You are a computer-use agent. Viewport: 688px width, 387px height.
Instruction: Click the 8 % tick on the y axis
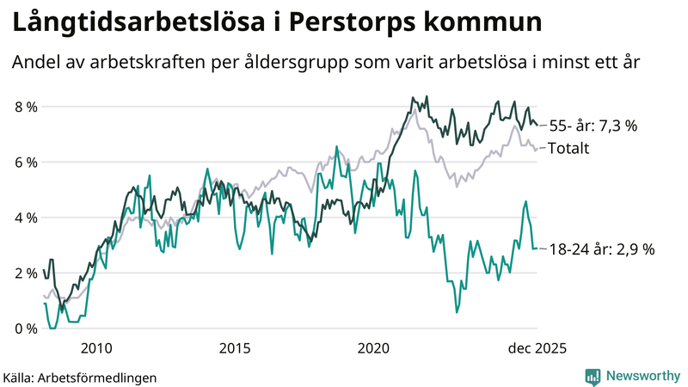23,107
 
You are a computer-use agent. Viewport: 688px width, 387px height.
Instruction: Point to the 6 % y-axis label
23,163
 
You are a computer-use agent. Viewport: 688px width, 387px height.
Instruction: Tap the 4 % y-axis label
23,218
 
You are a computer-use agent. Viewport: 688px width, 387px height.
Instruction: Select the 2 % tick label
23,273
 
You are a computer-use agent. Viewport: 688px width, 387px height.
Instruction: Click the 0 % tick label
23,329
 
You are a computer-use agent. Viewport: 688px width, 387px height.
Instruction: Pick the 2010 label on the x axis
95,348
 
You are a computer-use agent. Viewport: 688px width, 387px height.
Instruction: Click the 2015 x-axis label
235,348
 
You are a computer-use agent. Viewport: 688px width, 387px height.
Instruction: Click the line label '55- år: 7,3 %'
593,126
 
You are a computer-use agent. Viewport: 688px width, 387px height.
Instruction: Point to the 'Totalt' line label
568,148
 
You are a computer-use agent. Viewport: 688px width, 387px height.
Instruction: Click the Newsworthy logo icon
593,376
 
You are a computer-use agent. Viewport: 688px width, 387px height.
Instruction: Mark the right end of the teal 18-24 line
537,249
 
